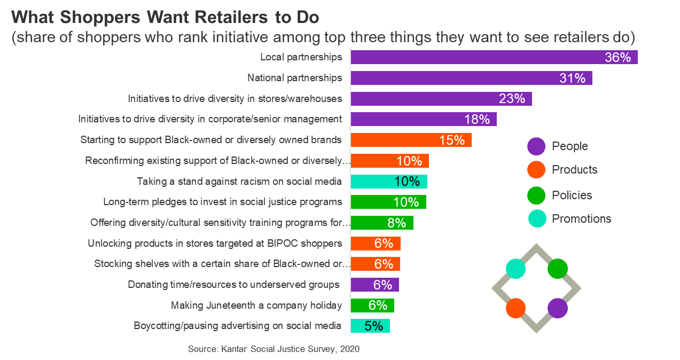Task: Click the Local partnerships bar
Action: coord(494,57)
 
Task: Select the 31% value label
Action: coord(573,79)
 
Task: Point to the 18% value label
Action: coord(476,120)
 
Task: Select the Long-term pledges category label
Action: coord(222,202)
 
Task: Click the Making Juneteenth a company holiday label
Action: coord(256,306)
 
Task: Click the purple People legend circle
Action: coord(536,146)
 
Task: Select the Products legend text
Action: coord(574,170)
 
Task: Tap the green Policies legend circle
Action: coord(536,195)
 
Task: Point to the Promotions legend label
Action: coord(581,218)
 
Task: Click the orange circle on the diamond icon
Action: coord(515,308)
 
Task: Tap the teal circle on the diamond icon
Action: coord(515,268)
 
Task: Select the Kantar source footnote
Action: coord(273,349)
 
